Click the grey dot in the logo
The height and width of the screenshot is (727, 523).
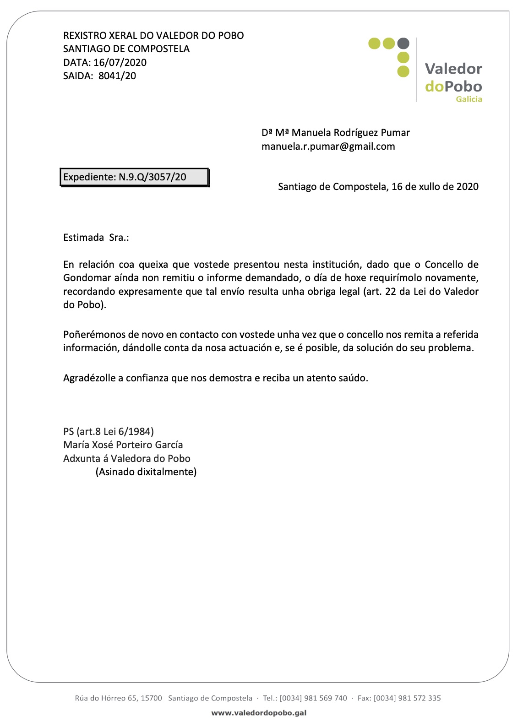coord(403,43)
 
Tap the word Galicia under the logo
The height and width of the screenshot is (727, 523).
coord(469,99)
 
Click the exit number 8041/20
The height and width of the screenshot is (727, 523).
coord(117,76)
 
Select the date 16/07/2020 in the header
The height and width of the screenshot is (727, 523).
coord(120,63)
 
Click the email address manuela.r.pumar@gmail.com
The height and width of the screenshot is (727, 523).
coord(328,146)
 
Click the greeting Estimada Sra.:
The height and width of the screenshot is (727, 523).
coord(96,238)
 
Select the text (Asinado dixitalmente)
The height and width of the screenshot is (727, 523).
coord(146,472)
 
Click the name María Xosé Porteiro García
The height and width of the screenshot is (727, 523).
coord(123,445)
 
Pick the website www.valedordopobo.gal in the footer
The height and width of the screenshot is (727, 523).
coord(259,713)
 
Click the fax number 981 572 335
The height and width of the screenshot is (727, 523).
coord(419,698)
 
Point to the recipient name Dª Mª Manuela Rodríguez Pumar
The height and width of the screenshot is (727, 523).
coord(336,133)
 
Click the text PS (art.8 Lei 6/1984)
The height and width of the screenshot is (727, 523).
coord(109,431)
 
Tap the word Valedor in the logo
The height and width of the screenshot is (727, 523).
coord(453,69)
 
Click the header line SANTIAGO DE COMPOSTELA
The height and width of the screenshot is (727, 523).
coord(126,49)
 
